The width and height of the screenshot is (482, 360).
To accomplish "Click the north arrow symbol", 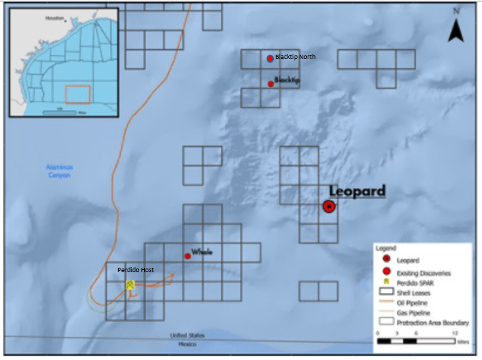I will coord(455,29).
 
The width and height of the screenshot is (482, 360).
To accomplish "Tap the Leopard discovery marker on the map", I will coord(329,207).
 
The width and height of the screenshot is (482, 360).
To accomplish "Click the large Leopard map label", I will coord(357,191).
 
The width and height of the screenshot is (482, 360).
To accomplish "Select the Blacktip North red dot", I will coord(270,58).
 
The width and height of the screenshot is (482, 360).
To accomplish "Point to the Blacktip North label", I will coord(295,57).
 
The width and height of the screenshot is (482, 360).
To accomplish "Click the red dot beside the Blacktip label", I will coord(271,84).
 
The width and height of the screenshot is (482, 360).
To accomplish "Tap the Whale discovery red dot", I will coord(187,256).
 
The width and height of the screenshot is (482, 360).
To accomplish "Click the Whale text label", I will coord(202,251).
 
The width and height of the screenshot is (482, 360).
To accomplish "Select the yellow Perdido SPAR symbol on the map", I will coord(130,285).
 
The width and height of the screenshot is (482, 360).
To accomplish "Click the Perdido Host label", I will coord(136,270).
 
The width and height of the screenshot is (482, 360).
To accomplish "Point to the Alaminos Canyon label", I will coord(55,171).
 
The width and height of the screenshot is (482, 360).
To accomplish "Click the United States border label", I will coord(187,336).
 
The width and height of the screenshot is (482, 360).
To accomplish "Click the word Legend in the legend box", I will coord(385,248).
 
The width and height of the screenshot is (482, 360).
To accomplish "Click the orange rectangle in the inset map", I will coord(78,94).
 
